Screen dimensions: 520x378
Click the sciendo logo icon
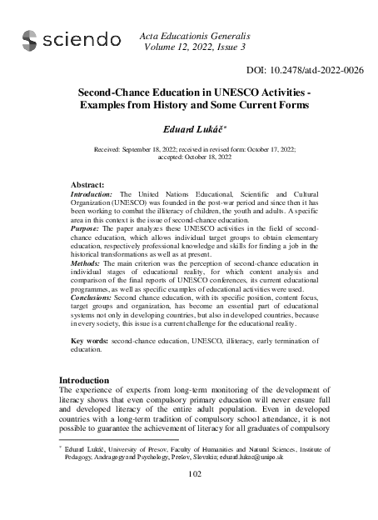[x=30, y=38]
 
